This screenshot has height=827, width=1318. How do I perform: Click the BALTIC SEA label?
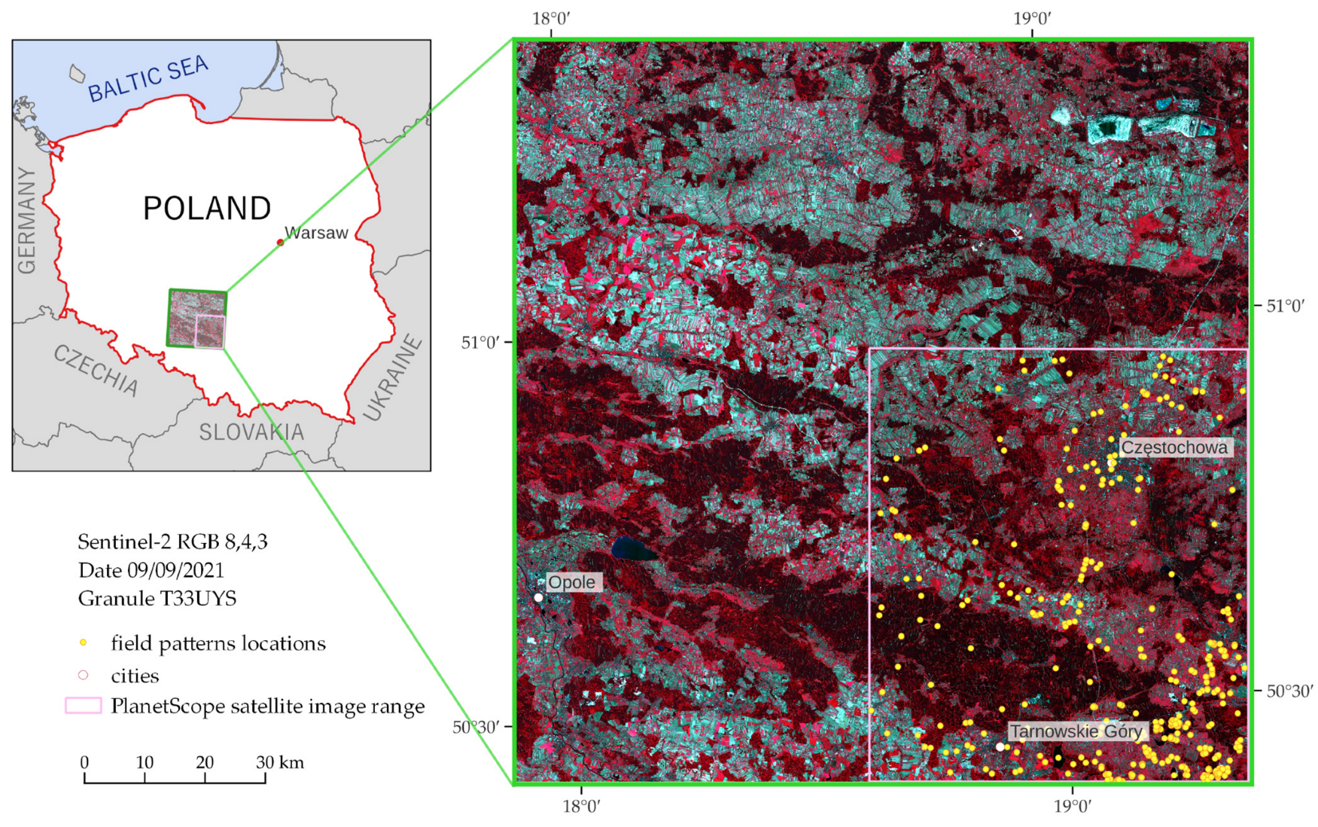pos(148,79)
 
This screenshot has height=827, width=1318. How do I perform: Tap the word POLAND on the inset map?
pos(207,209)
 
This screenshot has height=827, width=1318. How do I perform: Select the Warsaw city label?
pos(316,233)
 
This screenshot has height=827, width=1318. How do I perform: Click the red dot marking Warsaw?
pos(280,243)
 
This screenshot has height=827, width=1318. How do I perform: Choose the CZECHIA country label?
pos(96,370)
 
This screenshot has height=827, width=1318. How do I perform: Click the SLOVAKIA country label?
pos(251,432)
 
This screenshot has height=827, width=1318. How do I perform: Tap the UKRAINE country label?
pos(393,378)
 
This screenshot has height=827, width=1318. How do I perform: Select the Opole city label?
pos(571,582)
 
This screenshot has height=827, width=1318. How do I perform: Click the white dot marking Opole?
pos(538,597)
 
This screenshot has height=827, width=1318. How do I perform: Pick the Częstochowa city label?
pos(1173,447)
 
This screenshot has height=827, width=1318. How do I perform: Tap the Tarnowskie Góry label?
pos(1076,731)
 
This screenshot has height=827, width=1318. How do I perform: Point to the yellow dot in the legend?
pos(84,642)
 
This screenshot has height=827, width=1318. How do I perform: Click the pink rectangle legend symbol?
pos(84,706)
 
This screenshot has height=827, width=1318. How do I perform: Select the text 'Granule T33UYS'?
pos(157,599)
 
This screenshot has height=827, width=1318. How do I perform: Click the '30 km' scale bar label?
pos(280,762)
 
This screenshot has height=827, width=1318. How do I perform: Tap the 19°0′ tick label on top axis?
pos(1031,18)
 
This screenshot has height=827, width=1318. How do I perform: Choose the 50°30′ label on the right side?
pos(1289,691)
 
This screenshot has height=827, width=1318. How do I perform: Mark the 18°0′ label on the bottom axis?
pos(581,807)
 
